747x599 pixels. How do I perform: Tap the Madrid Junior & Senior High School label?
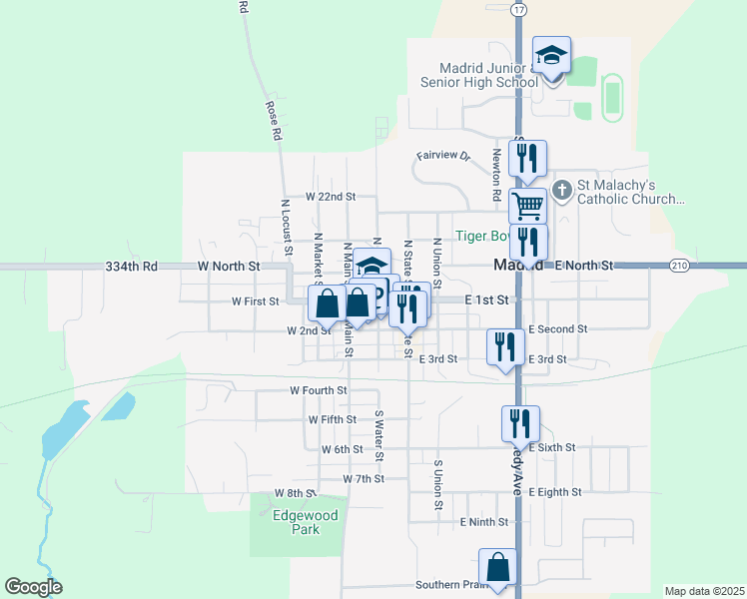coord(474,74)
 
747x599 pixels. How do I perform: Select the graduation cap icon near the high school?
coord(550,55)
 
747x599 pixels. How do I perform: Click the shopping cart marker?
coord(527,207)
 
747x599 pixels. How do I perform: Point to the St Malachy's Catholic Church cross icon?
coord(562,189)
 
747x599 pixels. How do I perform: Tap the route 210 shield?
coord(680,266)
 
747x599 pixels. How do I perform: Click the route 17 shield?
coord(517,9)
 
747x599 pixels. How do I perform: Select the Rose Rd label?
coord(271,119)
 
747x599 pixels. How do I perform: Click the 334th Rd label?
coord(131,267)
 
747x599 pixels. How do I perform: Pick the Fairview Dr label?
coord(442,156)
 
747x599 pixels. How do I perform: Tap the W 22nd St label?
coord(331,197)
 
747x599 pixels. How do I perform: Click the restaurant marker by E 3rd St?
coord(504,346)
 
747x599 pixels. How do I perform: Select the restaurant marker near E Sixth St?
coord(520,422)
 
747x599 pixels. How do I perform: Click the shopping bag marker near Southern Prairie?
coord(497,566)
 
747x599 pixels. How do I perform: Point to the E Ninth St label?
coord(484,522)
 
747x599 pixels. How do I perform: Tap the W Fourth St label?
coord(319,390)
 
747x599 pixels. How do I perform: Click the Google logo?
coord(33,587)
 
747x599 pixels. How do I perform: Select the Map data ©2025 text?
coord(704,591)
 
